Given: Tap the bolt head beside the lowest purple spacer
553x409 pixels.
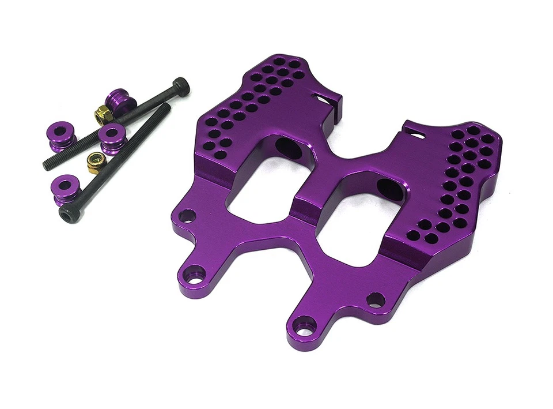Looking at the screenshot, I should click(69, 214).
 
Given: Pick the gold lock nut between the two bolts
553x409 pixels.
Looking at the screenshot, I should click(94, 163).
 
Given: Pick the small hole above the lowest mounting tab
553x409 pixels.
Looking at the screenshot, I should click(375, 300).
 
